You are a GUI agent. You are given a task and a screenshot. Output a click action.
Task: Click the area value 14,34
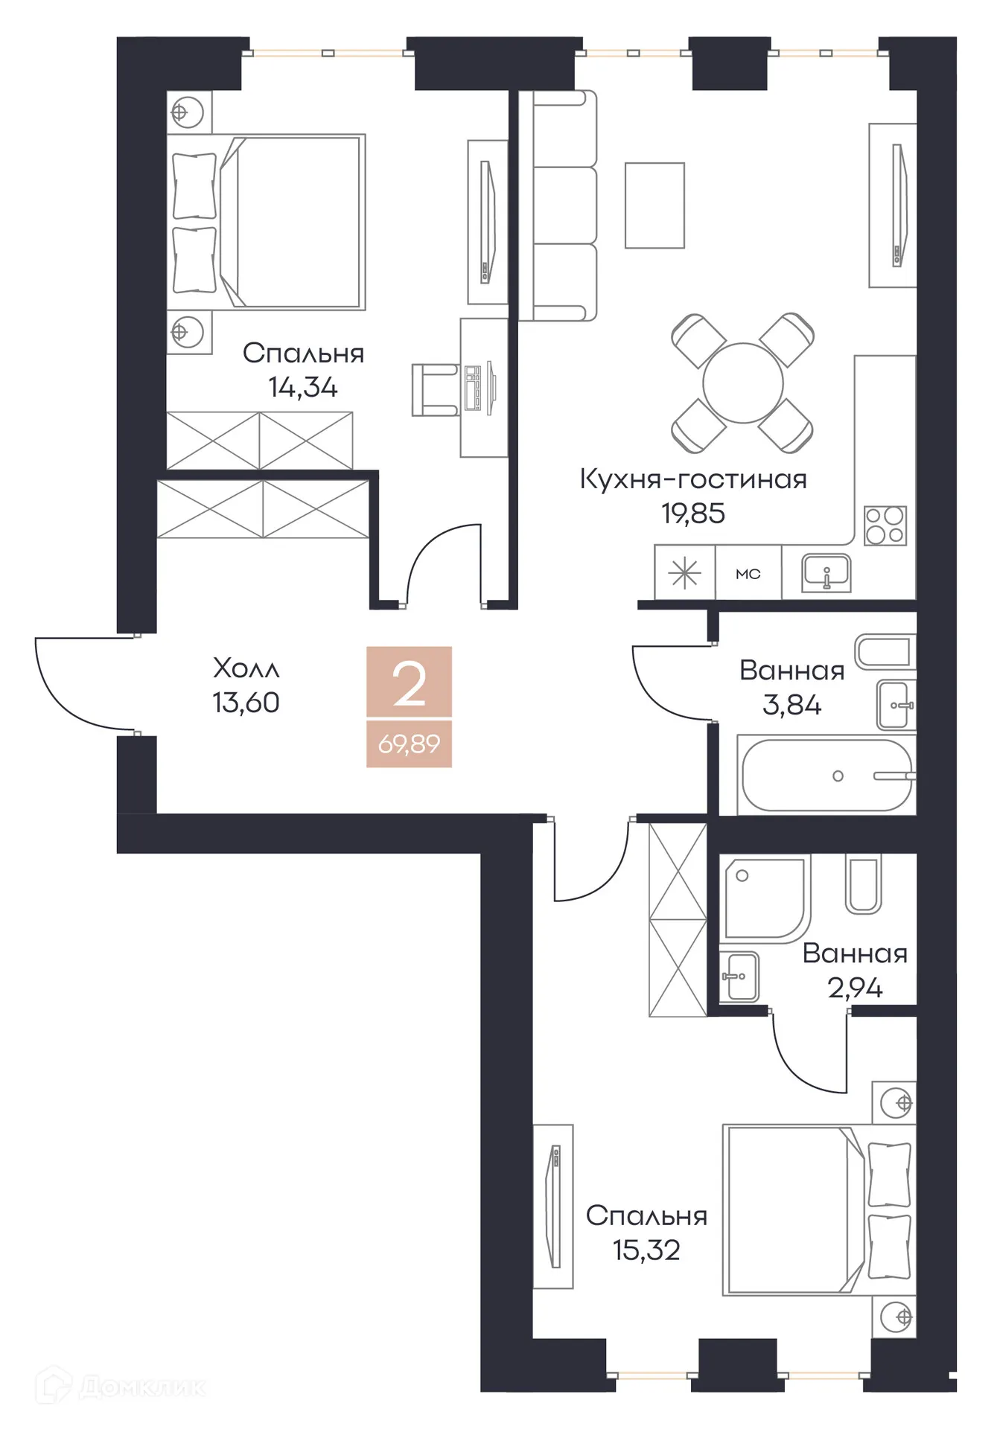click(x=302, y=388)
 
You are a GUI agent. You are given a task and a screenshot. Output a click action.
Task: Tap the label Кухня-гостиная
click(x=692, y=479)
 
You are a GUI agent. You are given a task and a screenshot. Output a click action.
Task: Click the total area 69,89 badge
click(x=409, y=744)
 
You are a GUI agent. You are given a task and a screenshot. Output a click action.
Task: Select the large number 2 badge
click(x=409, y=683)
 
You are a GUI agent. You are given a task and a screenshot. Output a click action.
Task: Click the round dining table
click(x=742, y=383)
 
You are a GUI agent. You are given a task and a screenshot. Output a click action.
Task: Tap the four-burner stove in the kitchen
click(x=885, y=525)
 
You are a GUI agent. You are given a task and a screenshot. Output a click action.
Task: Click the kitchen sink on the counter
click(x=826, y=573)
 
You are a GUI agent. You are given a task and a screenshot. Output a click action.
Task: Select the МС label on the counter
click(x=748, y=574)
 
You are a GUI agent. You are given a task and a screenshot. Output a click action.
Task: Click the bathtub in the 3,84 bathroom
click(x=826, y=776)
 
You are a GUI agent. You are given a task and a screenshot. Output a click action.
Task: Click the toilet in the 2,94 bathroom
click(x=863, y=885)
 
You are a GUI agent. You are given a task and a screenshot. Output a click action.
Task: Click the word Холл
click(x=246, y=668)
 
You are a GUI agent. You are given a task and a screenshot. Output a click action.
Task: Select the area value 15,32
click(x=646, y=1250)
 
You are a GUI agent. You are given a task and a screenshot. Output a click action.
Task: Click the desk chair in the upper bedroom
click(x=434, y=389)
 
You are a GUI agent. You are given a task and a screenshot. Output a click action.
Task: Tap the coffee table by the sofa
click(x=654, y=205)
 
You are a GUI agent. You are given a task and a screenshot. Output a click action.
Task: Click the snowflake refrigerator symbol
click(x=684, y=573)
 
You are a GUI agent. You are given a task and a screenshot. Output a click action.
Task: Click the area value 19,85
click(x=692, y=514)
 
